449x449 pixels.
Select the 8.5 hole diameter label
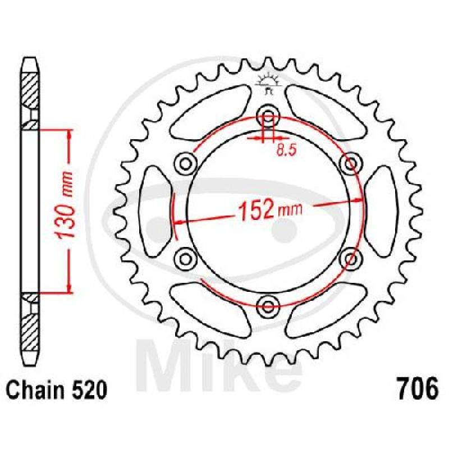[286, 150]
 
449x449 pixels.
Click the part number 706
[418, 389]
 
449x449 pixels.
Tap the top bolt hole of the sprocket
[268, 117]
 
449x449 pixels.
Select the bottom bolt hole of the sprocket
[268, 306]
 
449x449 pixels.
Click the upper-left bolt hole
[186, 164]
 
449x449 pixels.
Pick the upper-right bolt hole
[350, 164]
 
